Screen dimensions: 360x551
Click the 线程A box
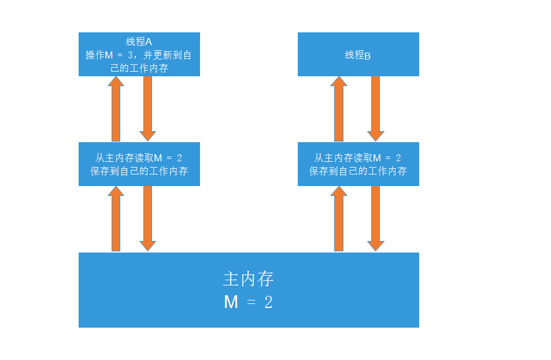click(x=139, y=54)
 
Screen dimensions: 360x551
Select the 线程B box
click(x=358, y=54)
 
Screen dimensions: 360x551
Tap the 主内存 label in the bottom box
click(x=248, y=279)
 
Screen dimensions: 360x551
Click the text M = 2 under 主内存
click(x=248, y=302)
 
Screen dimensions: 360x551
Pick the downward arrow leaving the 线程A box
click(x=147, y=109)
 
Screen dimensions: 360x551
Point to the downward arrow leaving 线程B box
click(x=376, y=109)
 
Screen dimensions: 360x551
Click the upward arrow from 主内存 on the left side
click(x=116, y=218)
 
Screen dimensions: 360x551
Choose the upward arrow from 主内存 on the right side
click(x=339, y=218)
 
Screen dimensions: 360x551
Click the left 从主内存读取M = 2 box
click(x=139, y=164)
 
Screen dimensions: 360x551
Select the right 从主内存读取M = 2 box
click(x=358, y=164)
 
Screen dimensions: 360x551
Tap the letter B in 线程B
click(x=368, y=56)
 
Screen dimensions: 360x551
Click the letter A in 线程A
click(x=149, y=42)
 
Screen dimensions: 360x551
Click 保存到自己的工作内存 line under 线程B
click(x=358, y=172)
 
